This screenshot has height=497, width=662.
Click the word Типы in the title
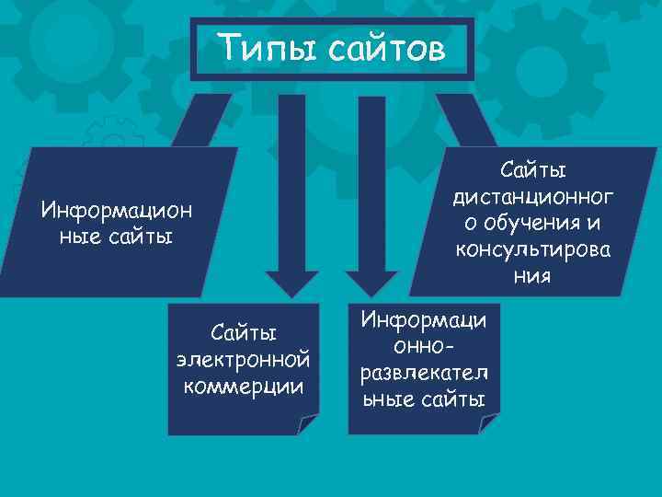260,48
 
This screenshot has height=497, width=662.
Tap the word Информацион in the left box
117,210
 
